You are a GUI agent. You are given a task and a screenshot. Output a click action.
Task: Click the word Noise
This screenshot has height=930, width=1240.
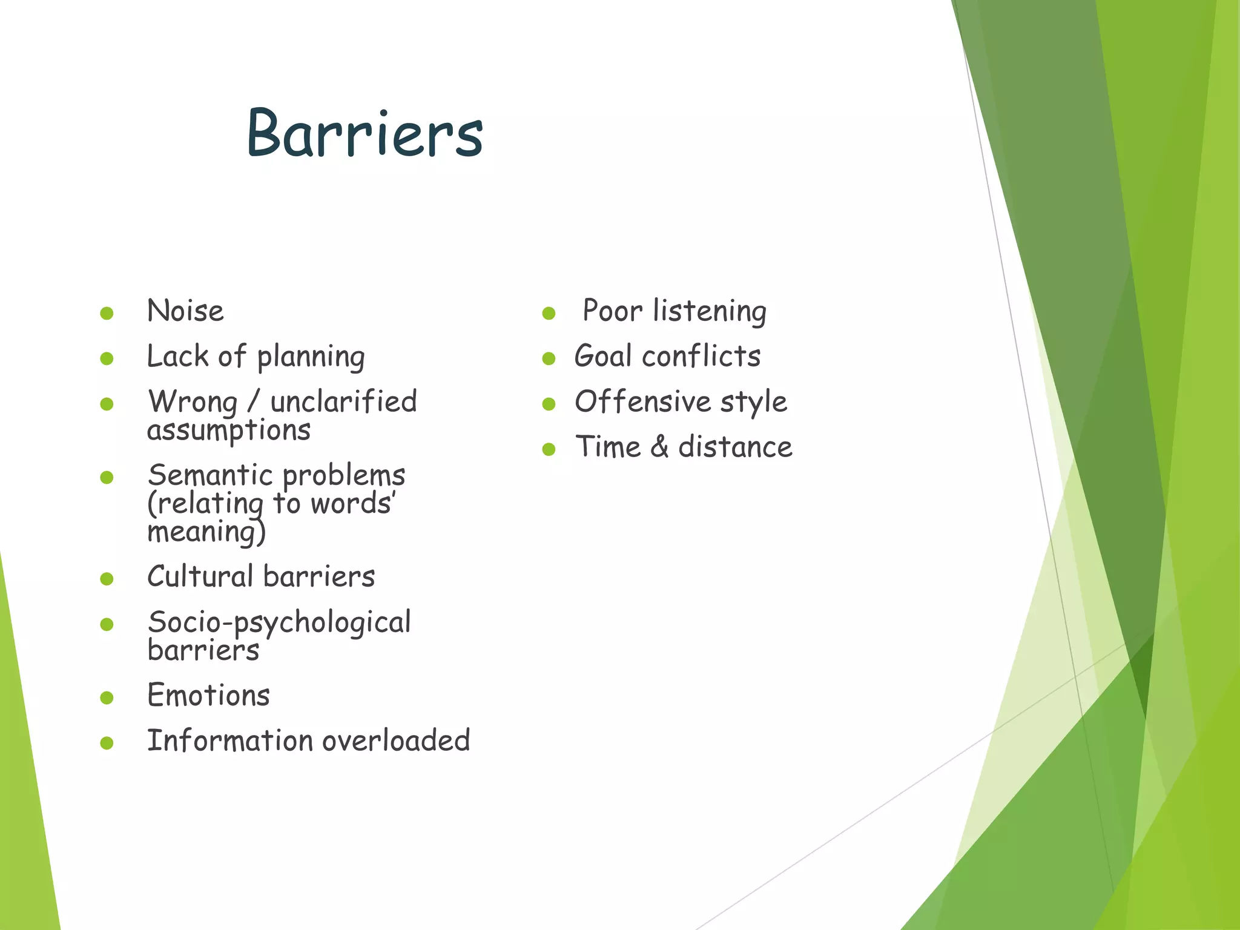click(x=185, y=311)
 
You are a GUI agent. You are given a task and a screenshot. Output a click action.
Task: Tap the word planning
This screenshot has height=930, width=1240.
click(x=311, y=357)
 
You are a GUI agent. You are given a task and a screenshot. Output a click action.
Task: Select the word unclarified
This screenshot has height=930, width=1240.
click(x=343, y=402)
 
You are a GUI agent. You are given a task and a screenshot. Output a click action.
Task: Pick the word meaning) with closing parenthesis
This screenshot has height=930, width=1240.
click(x=206, y=533)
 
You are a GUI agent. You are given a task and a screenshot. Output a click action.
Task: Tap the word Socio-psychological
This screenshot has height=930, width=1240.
click(x=279, y=622)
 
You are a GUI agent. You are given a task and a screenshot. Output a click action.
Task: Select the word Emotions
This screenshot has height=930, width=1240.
click(x=208, y=695)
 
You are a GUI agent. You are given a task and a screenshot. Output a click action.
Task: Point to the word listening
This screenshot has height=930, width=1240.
click(x=710, y=312)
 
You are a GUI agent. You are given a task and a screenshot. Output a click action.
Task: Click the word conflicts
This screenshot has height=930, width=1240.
click(x=701, y=356)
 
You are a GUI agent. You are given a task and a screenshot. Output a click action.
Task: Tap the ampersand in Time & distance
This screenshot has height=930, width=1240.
click(x=659, y=447)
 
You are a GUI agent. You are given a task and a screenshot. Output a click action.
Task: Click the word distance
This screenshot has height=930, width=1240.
click(x=735, y=447)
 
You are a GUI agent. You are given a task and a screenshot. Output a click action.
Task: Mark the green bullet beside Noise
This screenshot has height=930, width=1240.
click(x=107, y=313)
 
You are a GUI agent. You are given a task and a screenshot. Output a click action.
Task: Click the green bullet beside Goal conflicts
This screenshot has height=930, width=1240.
click(x=549, y=358)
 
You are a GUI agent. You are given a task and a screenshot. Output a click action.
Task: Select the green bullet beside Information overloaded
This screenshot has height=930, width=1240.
click(x=107, y=743)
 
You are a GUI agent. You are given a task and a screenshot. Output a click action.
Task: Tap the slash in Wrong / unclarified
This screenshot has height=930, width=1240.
click(x=254, y=402)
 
